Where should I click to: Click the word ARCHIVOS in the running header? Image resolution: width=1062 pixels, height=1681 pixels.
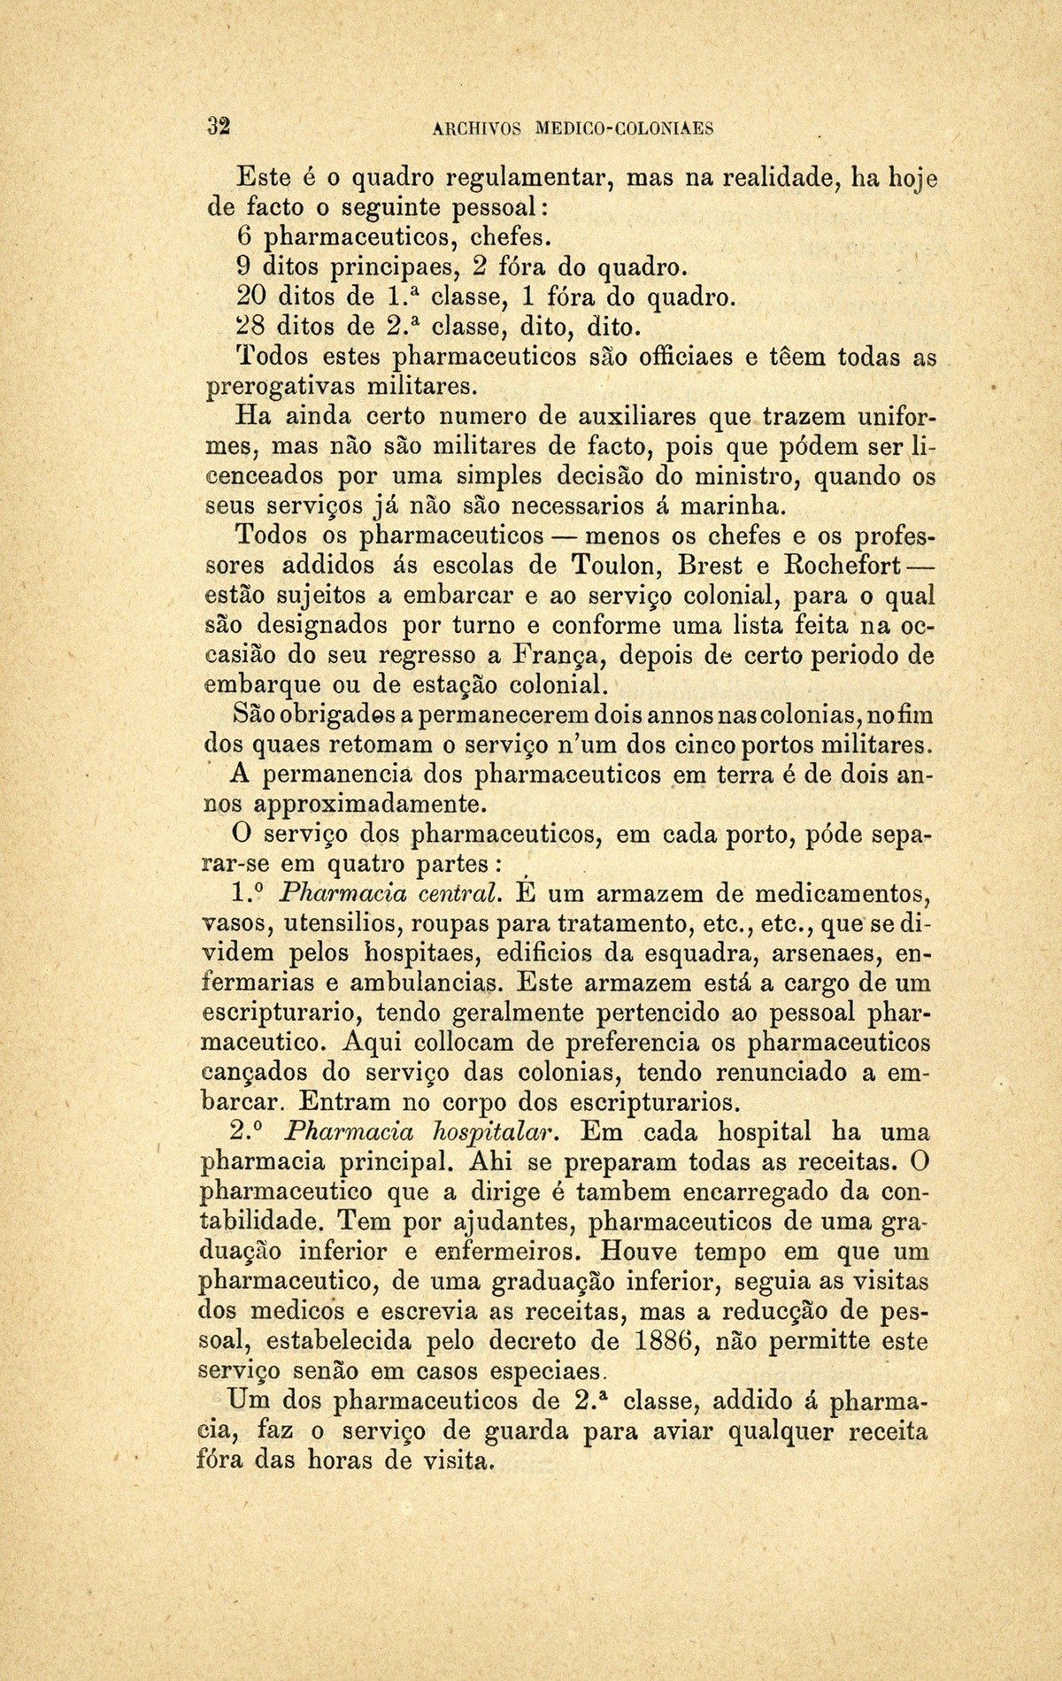pyautogui.click(x=476, y=127)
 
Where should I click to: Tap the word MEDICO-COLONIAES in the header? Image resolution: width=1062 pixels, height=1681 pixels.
pyautogui.click(x=626, y=127)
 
